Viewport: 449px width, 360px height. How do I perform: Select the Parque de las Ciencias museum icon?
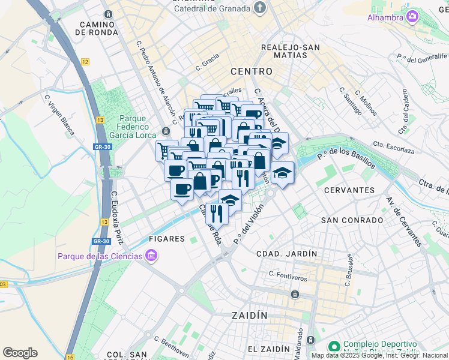[x=151, y=257]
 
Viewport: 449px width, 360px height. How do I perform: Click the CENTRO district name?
[x=252, y=71]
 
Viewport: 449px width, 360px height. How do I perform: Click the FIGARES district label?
[x=166, y=239]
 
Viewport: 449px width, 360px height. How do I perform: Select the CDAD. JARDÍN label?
[x=286, y=254]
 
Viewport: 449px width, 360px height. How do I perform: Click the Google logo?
[x=20, y=353]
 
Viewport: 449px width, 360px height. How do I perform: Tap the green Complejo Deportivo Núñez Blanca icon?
[x=333, y=347]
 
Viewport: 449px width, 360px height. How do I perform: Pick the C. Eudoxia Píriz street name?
[x=117, y=218]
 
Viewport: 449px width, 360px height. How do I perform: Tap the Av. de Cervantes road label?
[x=404, y=221]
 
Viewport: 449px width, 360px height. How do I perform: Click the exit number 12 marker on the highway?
[x=86, y=62]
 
